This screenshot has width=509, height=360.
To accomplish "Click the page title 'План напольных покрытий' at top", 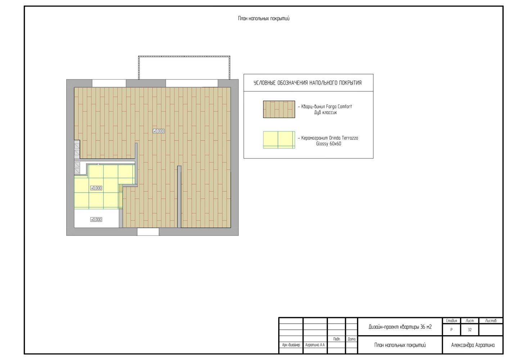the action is [263, 19].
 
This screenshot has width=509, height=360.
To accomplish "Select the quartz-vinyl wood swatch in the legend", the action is [279, 109].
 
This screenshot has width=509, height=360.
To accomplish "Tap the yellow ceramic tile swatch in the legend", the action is [279, 140].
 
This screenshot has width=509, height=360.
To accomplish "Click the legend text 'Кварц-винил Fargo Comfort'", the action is [326, 106].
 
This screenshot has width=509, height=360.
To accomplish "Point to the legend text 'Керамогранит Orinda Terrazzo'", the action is [329, 138].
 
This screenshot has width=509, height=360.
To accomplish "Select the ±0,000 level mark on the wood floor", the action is [159, 131].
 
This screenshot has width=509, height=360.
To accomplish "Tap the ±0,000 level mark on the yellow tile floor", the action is [96, 188].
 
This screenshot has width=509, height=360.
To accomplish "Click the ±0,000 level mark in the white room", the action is [96, 220].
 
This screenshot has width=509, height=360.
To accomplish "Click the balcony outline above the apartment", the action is [184, 56].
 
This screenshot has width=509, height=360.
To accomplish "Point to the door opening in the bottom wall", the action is [148, 232].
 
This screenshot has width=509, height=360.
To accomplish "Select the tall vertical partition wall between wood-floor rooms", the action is [179, 197].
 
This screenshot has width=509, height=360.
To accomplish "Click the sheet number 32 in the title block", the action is [470, 330].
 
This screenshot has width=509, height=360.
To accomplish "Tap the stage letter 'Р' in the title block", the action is [451, 330].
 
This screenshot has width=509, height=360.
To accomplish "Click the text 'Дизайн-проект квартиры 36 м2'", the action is [400, 327].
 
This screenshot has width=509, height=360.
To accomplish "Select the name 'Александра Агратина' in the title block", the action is [473, 345].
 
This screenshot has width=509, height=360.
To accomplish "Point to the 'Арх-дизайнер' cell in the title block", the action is [291, 345].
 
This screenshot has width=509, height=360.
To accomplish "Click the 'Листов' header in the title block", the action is [491, 321].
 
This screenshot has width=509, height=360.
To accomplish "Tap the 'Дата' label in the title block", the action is [352, 339].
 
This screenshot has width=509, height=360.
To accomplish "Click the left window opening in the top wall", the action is [109, 83].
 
